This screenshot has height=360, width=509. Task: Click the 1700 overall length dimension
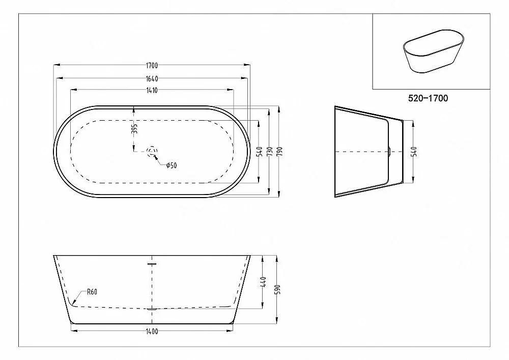tap(152, 65)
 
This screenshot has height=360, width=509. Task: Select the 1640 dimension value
tap(152, 78)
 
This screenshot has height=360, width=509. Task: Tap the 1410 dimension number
tap(152, 90)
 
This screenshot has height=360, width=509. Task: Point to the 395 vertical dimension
tap(135, 128)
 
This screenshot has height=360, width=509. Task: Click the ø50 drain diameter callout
tap(172, 165)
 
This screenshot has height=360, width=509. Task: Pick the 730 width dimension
tap(269, 152)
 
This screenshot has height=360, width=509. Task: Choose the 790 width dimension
tap(280, 152)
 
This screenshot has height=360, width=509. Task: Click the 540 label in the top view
tap(259, 152)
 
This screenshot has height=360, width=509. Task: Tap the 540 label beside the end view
tap(413, 152)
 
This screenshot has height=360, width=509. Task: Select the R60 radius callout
tap(92, 292)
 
